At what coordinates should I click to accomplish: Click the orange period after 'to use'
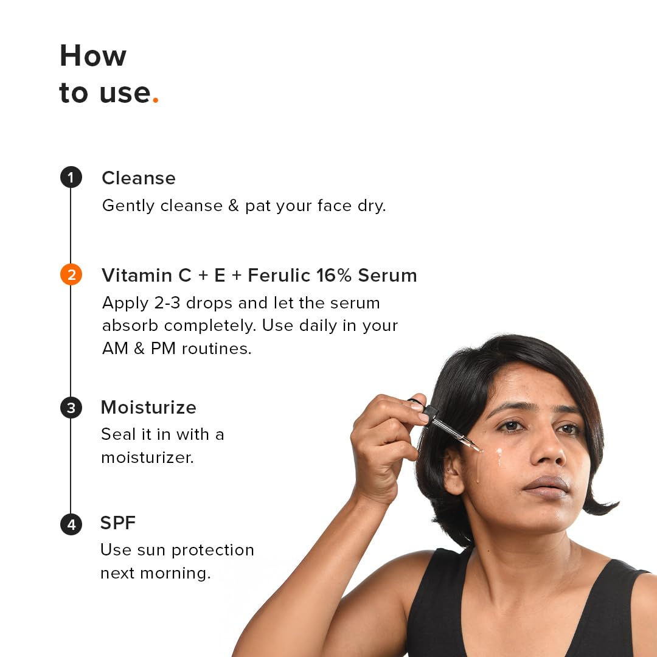tap(155, 101)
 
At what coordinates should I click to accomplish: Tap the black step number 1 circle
tap(71, 178)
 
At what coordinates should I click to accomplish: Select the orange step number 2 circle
tap(71, 275)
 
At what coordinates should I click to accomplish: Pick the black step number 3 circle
tap(71, 408)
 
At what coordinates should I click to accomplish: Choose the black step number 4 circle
tap(71, 524)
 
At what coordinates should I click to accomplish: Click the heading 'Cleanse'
tap(138, 178)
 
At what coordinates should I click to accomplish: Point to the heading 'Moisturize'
tap(148, 408)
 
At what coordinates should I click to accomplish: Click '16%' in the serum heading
tap(334, 276)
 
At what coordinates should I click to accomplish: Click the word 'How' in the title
tap(93, 56)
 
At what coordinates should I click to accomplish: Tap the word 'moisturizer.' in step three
tap(147, 457)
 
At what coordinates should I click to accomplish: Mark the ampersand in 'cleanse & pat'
tap(234, 206)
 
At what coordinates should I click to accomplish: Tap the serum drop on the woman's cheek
tap(499, 454)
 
